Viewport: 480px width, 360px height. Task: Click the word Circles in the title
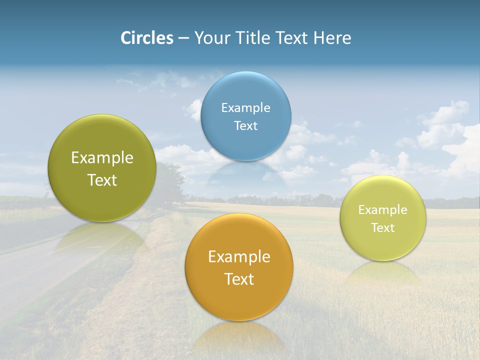[x=147, y=38]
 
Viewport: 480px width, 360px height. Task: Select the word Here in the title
[x=332, y=38]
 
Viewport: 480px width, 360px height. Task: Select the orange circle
[x=239, y=300]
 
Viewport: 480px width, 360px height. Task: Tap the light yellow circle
[x=383, y=245]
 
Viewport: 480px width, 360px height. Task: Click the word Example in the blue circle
[x=246, y=108]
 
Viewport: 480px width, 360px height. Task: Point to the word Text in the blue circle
[x=246, y=126]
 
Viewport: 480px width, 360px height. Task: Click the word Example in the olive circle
[x=102, y=158]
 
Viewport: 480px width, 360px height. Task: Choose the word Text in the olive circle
[x=102, y=180]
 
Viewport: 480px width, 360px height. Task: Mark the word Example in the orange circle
[x=239, y=257]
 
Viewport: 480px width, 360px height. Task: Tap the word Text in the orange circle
[x=239, y=279]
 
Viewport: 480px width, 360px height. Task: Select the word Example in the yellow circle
[x=383, y=210]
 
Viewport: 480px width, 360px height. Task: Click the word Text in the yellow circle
[x=383, y=228]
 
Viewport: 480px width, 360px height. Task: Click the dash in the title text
[x=183, y=38]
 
